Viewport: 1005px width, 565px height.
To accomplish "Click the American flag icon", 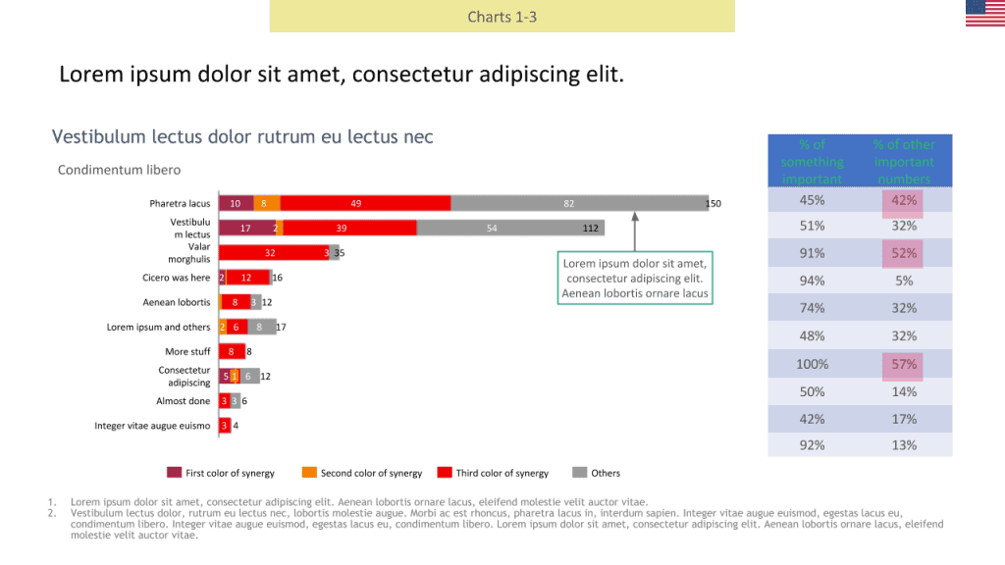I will (984, 14).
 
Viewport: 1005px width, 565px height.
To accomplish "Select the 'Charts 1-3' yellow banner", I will (502, 17).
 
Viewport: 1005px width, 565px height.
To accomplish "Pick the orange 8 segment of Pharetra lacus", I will (267, 203).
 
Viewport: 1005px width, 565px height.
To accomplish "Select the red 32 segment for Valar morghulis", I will (271, 252).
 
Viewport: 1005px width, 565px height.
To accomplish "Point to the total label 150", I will (714, 204).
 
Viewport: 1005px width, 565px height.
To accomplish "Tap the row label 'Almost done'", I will (183, 401).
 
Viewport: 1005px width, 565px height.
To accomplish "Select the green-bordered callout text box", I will (634, 278).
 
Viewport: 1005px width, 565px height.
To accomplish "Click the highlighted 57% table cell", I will (904, 364).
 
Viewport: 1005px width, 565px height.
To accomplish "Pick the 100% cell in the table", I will (812, 364).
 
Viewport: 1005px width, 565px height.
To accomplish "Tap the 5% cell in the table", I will (904, 281).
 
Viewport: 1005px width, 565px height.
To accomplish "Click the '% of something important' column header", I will (812, 161).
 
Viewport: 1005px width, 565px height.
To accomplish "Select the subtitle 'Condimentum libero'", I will (119, 170).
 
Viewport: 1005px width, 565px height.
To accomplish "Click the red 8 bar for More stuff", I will (232, 351).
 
